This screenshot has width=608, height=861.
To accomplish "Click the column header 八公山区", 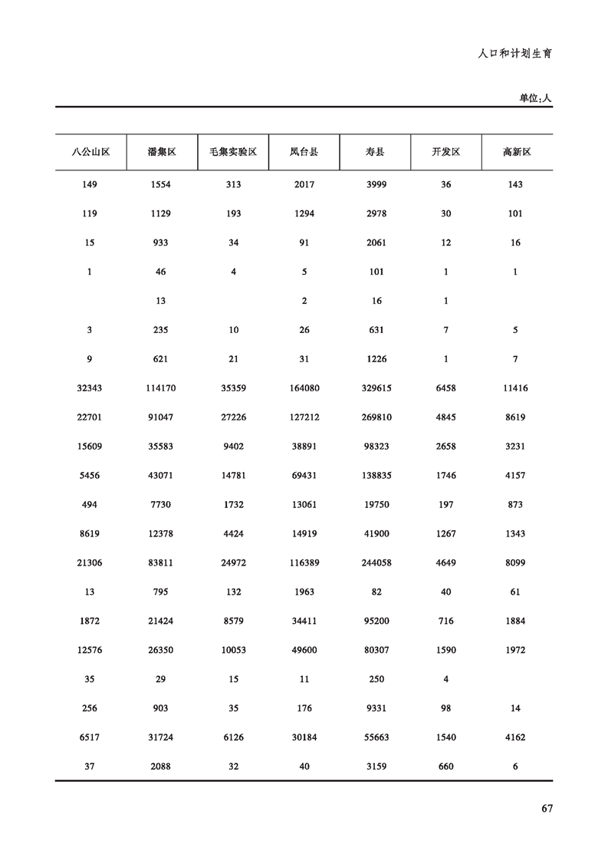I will [90, 152].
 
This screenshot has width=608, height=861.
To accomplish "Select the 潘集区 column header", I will [162, 152].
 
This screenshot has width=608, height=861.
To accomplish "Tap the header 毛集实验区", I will [233, 152].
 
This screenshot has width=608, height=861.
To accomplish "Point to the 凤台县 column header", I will [304, 152].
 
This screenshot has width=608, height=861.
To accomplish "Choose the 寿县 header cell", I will [376, 152].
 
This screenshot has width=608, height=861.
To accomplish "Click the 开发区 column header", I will [446, 152].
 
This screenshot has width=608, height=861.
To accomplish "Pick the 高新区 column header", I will [517, 152].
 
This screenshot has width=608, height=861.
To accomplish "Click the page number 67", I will [547, 808].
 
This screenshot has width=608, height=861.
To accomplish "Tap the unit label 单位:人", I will [535, 97].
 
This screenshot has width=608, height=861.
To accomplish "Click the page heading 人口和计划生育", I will [515, 54].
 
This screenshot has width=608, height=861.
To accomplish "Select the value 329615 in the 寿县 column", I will [376, 388].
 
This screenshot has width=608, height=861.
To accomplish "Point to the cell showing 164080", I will [304, 388].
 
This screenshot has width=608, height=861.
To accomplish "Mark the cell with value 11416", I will [515, 388].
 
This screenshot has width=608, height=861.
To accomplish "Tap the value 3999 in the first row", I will [376, 185].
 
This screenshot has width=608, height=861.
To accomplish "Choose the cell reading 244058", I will [376, 563].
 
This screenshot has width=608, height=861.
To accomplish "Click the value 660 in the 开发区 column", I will [446, 767].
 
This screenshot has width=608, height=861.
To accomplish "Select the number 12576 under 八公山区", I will [90, 651].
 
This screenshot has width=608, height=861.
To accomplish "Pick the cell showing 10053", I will [233, 651].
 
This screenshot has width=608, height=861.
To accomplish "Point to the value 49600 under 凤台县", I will [304, 651].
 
